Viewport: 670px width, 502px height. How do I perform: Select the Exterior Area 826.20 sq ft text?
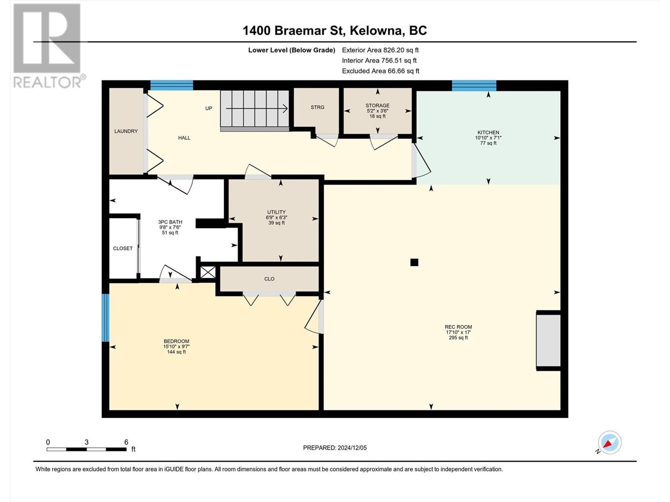point(380,50)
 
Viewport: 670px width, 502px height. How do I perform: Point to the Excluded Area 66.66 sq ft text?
point(381,71)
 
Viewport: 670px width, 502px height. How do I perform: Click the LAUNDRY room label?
point(126,131)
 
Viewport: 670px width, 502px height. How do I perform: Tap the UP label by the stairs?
point(209,108)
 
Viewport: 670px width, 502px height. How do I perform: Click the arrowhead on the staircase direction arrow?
point(286,108)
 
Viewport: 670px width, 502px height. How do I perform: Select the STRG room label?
point(317,107)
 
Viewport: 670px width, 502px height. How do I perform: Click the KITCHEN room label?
point(488,133)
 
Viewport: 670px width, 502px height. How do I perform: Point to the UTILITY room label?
point(276,212)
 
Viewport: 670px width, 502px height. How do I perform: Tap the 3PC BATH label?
point(170,222)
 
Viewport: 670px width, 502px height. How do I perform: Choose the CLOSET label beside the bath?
point(123,248)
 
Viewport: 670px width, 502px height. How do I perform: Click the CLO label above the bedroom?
point(269,279)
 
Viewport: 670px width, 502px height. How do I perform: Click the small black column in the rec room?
point(414,262)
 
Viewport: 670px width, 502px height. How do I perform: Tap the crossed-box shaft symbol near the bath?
point(208,272)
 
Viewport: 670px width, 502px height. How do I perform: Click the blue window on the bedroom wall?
point(105,318)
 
